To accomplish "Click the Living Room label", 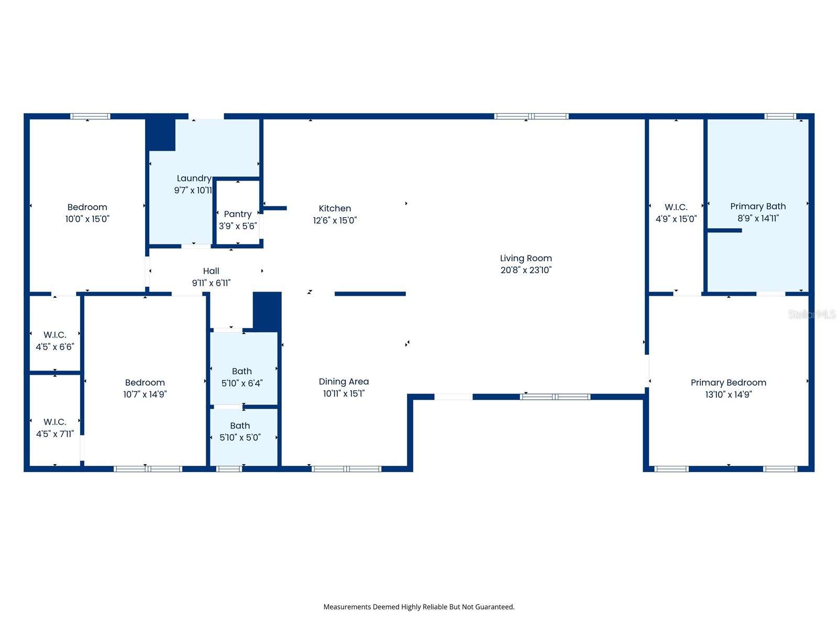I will (x=526, y=259).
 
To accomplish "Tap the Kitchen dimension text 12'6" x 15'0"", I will (x=335, y=220).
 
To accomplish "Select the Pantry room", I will (x=238, y=220).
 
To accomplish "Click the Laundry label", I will (x=194, y=178).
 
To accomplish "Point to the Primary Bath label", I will (x=758, y=206).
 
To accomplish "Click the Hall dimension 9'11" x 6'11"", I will (x=211, y=283).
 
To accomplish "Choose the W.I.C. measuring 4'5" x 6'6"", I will (x=55, y=340).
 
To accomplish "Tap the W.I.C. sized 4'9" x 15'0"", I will (x=676, y=212).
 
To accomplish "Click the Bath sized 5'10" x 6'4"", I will (x=242, y=377).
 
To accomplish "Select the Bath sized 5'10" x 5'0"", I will (x=240, y=431).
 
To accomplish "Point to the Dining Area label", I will (x=344, y=382).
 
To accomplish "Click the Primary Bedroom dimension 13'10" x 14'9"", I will (x=728, y=395).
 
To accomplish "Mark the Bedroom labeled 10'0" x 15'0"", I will (x=87, y=212).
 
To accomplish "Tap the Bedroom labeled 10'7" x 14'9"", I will (x=145, y=388).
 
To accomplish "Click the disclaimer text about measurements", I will (x=419, y=607).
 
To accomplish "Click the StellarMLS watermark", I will (x=811, y=314).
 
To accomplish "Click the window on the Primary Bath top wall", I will (x=780, y=116).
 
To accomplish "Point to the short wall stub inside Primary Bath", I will (x=724, y=230).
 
